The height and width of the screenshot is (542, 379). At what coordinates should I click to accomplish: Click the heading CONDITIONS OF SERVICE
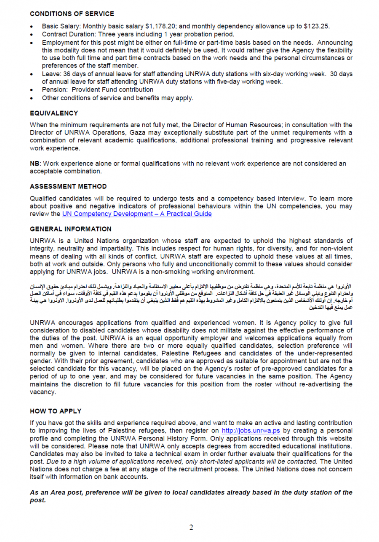72,14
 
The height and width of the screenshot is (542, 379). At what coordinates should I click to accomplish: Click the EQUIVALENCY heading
54,113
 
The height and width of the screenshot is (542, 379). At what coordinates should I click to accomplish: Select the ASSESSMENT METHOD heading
68,186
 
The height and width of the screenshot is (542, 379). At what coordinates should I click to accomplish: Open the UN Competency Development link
137,214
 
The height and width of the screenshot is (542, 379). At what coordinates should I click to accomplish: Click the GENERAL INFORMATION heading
70,229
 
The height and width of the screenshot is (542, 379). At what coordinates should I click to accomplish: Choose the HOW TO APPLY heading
56,411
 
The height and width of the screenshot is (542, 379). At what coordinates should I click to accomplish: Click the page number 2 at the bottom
191,528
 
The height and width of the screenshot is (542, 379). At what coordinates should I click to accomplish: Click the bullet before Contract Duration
32,35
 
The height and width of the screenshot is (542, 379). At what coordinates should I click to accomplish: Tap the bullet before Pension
32,90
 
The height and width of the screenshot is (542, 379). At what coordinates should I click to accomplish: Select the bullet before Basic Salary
32,26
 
